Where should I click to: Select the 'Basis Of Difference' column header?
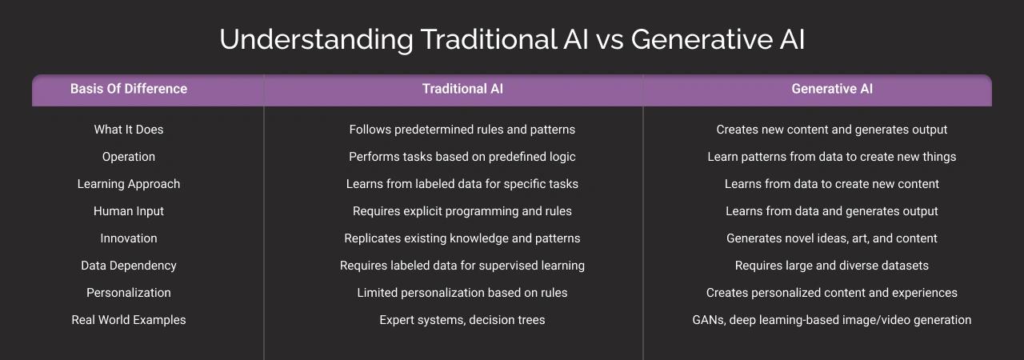(129, 89)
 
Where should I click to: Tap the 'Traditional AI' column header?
(462, 89)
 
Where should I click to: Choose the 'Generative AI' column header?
(832, 89)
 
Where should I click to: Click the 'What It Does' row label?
(129, 130)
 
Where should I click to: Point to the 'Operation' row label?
(129, 157)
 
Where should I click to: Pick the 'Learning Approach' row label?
(129, 184)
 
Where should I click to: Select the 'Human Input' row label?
(129, 211)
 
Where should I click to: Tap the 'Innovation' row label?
(129, 238)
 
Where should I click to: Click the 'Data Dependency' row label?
(129, 266)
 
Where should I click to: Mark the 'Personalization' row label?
(129, 293)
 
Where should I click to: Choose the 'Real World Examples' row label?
(129, 320)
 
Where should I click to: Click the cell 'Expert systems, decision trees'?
(462, 320)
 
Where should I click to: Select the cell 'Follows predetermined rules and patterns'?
(462, 130)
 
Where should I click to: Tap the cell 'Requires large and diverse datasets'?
(832, 266)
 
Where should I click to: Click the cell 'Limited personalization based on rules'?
(462, 293)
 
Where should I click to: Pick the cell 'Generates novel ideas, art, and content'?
(832, 238)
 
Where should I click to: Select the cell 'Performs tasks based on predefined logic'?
(462, 157)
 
